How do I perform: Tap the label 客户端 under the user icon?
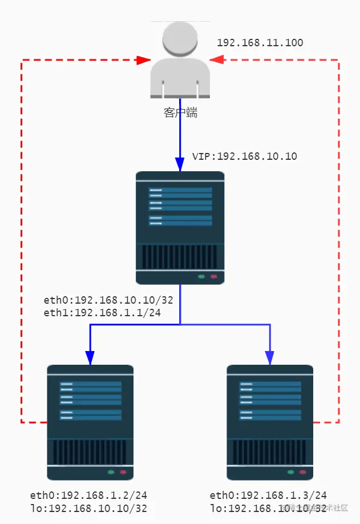(x=180, y=113)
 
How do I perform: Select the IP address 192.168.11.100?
(x=260, y=43)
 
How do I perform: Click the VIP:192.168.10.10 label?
(x=244, y=156)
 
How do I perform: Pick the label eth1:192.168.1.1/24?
(x=103, y=312)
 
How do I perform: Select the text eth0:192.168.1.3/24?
(x=268, y=495)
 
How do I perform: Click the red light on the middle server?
(x=214, y=277)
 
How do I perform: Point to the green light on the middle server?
(x=201, y=277)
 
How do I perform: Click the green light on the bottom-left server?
(x=111, y=473)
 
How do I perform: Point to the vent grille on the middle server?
(x=180, y=257)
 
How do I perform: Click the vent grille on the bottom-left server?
(x=90, y=452)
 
